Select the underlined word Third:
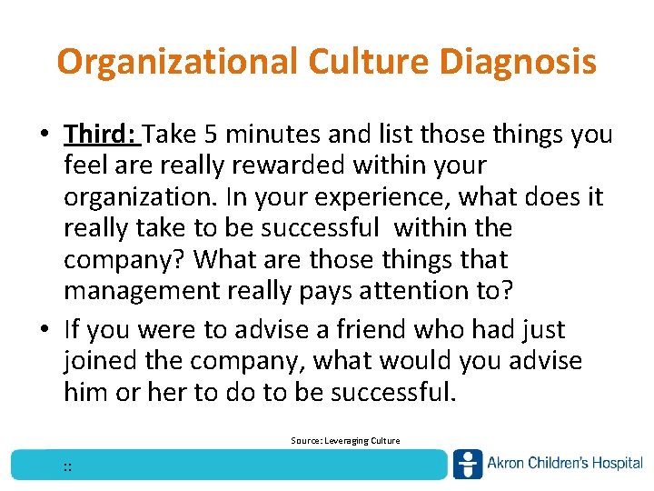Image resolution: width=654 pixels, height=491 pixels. tap(101, 135)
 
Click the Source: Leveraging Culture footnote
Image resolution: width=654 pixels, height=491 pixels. tap(344, 441)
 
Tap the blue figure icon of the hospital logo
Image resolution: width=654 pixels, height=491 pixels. tap(468, 464)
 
